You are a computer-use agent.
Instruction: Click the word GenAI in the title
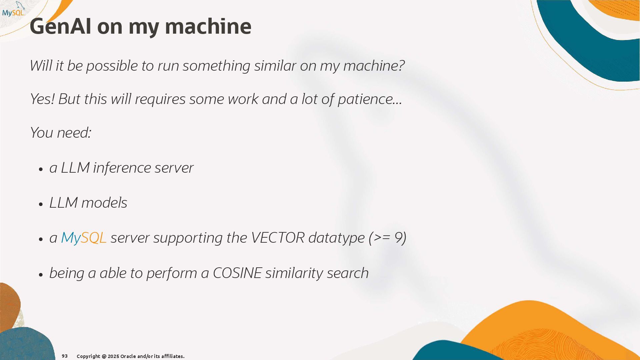tap(60, 26)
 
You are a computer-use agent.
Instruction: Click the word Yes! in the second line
tap(42, 99)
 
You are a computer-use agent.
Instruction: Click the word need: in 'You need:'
tap(74, 133)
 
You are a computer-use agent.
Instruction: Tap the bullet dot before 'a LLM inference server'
tap(41, 169)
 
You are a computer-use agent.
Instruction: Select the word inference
tap(121, 168)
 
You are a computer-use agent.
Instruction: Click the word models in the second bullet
tap(104, 203)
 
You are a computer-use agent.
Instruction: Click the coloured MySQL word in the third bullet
tap(84, 238)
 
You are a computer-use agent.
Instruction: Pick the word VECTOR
tap(277, 238)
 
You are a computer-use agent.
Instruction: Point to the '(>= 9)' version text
tap(387, 238)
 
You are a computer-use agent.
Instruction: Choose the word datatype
tap(336, 238)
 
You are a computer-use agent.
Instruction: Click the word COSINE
tap(237, 273)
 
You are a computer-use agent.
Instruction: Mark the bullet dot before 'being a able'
tap(41, 275)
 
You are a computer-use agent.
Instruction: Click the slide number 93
tap(65, 356)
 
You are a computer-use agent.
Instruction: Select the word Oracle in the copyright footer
tap(128, 356)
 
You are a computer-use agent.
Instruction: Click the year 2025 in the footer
tap(113, 356)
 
